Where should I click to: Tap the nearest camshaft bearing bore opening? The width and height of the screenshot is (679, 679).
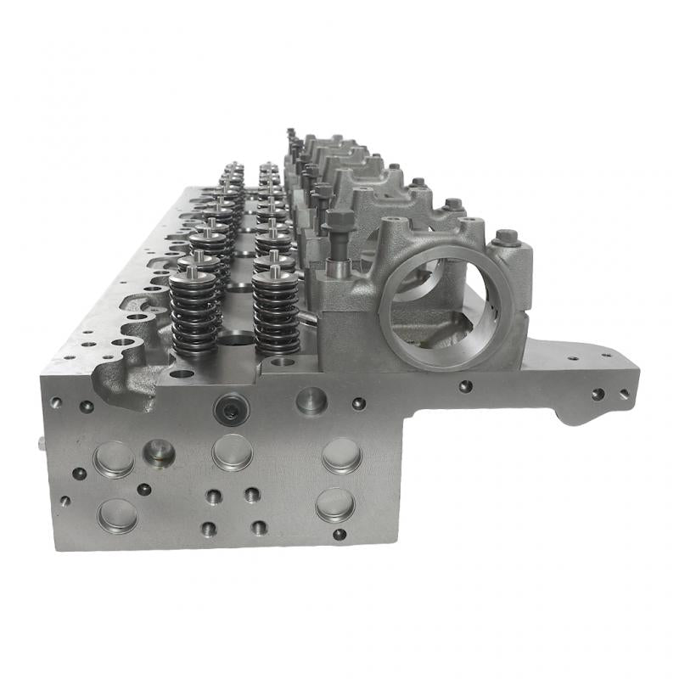pyautogui.click(x=436, y=310)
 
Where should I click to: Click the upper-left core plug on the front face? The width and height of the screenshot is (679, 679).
pyautogui.click(x=115, y=459)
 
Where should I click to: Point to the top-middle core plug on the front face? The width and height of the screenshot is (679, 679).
pyautogui.click(x=232, y=452)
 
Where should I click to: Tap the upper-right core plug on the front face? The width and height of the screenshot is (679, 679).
pyautogui.click(x=341, y=455)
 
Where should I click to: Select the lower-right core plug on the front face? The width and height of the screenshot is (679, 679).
pyautogui.click(x=335, y=505)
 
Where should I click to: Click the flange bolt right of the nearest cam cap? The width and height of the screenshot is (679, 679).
pyautogui.click(x=507, y=238)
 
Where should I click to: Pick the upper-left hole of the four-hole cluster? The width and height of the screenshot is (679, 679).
pyautogui.click(x=214, y=497)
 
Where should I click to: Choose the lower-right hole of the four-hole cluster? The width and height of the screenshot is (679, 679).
pyautogui.click(x=259, y=527)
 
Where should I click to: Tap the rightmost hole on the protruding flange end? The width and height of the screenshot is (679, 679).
pyautogui.click(x=624, y=393)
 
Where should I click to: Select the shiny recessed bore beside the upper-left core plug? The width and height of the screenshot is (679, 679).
pyautogui.click(x=159, y=452)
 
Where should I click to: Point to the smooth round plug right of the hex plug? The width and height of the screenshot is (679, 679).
pyautogui.click(x=311, y=400)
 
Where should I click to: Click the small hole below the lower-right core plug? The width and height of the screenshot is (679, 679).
pyautogui.click(x=339, y=535)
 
